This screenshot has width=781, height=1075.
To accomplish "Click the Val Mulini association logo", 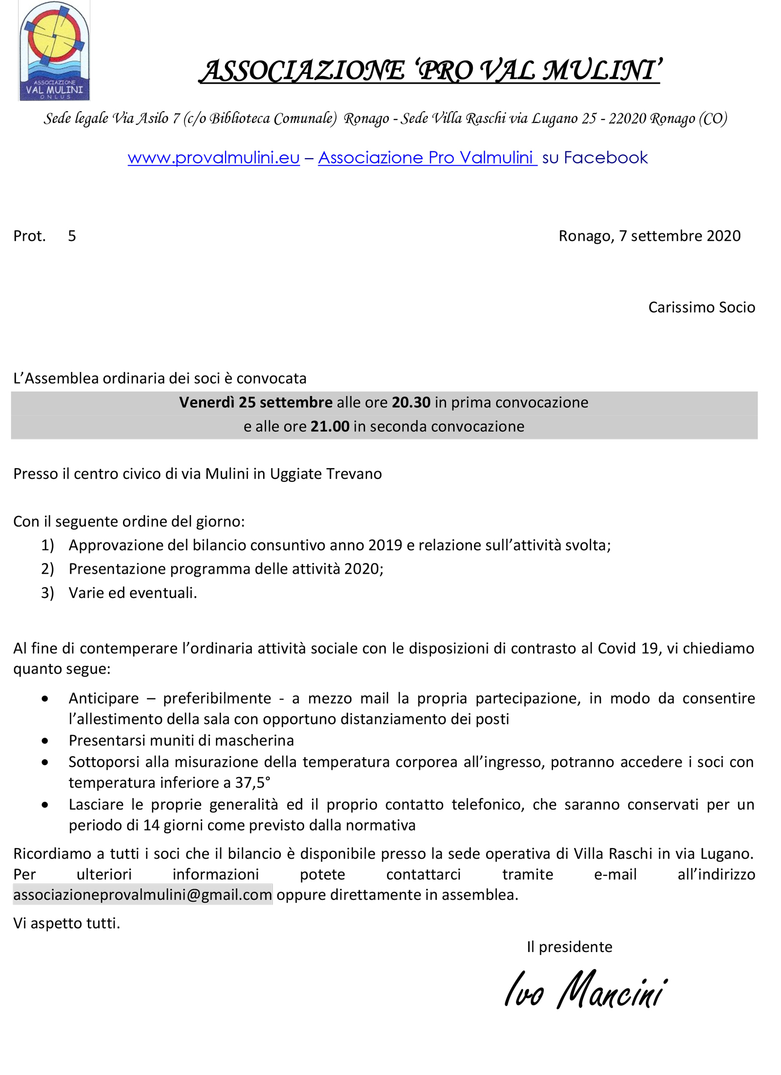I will (54, 51).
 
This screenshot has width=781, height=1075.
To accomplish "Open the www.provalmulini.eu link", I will (213, 158).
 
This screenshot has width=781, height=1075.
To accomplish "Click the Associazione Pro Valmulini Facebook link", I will (427, 158).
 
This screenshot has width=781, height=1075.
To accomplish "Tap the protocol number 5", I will (72, 236).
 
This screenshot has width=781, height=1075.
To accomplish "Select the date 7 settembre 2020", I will (679, 236).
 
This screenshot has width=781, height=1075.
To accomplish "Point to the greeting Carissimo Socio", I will (701, 308).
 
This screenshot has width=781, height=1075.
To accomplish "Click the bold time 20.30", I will (411, 403).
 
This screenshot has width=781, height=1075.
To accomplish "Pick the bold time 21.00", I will (330, 427).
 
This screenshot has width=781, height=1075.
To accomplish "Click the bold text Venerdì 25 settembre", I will (256, 403).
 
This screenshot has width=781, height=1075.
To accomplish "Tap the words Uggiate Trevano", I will (326, 474).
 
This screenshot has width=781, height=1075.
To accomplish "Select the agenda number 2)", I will (47, 569).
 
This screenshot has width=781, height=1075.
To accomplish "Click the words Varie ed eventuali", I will (133, 593).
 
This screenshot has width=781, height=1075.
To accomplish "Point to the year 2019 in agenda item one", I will (385, 545).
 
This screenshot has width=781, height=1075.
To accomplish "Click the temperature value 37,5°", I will (252, 783).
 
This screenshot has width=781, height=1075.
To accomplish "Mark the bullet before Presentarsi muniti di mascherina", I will (45, 741).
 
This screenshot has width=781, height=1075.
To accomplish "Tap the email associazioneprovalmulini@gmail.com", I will (143, 895).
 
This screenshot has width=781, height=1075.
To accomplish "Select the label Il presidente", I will (569, 947).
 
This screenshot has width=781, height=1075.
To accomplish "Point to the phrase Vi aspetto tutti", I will (66, 924).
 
